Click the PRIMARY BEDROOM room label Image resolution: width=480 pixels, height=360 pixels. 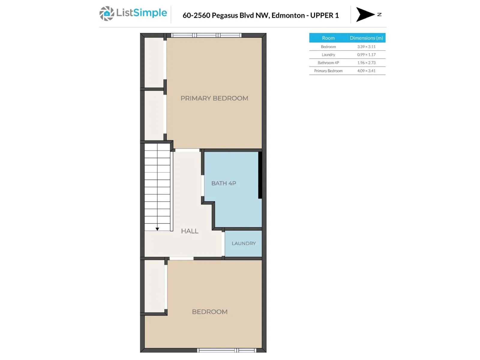(214, 98)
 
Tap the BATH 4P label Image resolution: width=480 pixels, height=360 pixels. (223, 183)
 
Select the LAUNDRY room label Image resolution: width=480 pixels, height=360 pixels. (244, 243)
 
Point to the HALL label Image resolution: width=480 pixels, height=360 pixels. (190, 231)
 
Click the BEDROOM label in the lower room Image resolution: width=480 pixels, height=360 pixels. (209, 312)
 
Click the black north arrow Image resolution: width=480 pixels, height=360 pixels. (365, 14)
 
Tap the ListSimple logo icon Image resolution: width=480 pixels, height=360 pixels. (107, 13)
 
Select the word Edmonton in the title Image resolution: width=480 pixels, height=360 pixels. (288, 15)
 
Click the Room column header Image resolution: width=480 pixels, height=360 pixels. (328, 38)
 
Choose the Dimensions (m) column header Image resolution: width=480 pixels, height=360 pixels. (366, 38)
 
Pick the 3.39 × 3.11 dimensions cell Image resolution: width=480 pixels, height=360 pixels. (366, 46)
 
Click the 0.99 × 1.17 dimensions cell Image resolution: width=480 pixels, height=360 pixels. (366, 55)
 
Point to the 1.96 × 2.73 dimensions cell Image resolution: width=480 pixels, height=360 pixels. (366, 63)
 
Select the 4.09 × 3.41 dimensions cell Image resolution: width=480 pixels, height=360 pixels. (366, 71)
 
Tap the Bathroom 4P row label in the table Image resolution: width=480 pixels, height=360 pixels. (328, 63)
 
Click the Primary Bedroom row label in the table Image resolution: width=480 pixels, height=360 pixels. (328, 71)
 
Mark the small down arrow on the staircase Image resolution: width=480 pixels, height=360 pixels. (157, 229)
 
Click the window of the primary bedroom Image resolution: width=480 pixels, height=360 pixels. (206, 35)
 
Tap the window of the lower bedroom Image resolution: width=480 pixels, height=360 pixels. (226, 350)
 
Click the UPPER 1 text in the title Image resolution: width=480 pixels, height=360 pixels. (324, 15)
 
